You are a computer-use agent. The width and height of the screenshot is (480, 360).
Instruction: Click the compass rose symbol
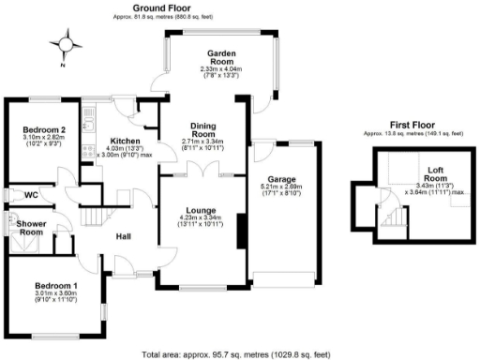(x=65, y=44)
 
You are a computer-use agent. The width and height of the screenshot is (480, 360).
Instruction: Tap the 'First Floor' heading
(x=412, y=124)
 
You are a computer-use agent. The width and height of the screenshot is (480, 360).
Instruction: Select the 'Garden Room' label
(x=220, y=57)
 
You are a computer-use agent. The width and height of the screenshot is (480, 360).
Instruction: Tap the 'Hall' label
(x=123, y=236)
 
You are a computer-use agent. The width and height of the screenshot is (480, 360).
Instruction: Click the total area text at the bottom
(x=237, y=353)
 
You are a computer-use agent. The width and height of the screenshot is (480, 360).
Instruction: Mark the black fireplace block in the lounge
(x=241, y=230)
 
